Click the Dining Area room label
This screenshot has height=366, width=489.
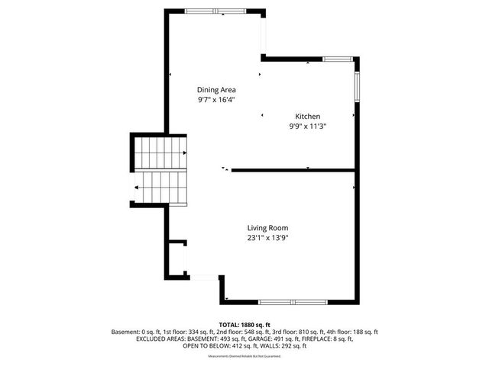click(x=216, y=89)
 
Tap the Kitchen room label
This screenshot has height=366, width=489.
click(x=308, y=116)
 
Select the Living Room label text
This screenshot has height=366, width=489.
click(x=267, y=227)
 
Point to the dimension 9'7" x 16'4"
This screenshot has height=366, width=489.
click(x=216, y=99)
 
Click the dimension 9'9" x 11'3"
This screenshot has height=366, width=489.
click(x=308, y=126)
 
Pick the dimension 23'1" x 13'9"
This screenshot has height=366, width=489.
click(x=267, y=237)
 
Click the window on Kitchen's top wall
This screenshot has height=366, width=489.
click(x=337, y=59)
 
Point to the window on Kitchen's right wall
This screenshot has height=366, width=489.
click(x=355, y=85)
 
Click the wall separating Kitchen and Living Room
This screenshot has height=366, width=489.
click(x=293, y=169)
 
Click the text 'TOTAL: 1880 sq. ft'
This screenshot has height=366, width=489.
click(x=244, y=325)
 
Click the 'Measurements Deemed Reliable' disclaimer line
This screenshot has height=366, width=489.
click(x=244, y=356)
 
